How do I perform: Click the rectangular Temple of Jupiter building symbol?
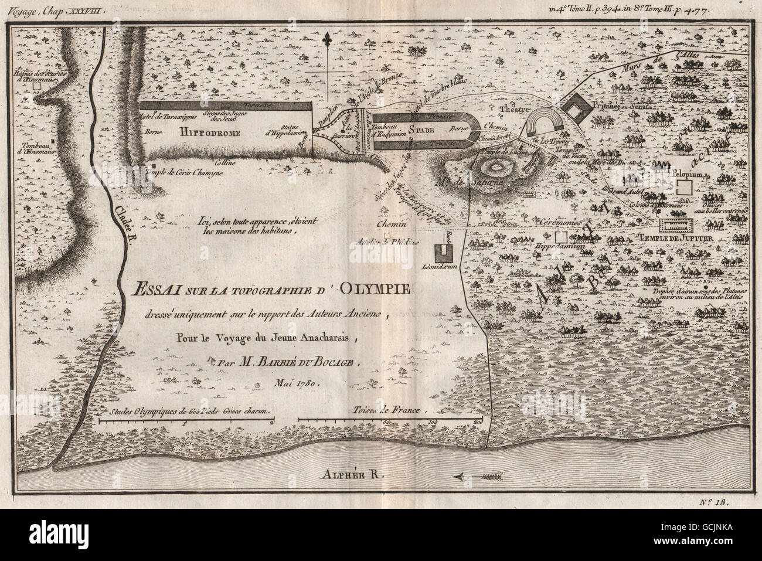[676, 225]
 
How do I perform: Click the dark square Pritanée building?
[578, 107]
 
